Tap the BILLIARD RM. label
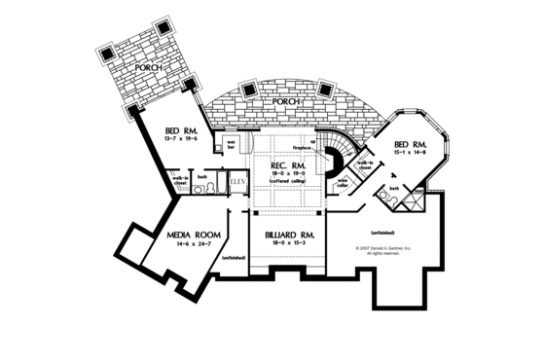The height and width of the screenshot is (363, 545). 287,236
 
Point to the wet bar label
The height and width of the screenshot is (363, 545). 234,145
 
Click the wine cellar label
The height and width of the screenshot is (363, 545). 343,183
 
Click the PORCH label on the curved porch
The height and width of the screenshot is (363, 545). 286,100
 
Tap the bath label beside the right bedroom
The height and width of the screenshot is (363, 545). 394,188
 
